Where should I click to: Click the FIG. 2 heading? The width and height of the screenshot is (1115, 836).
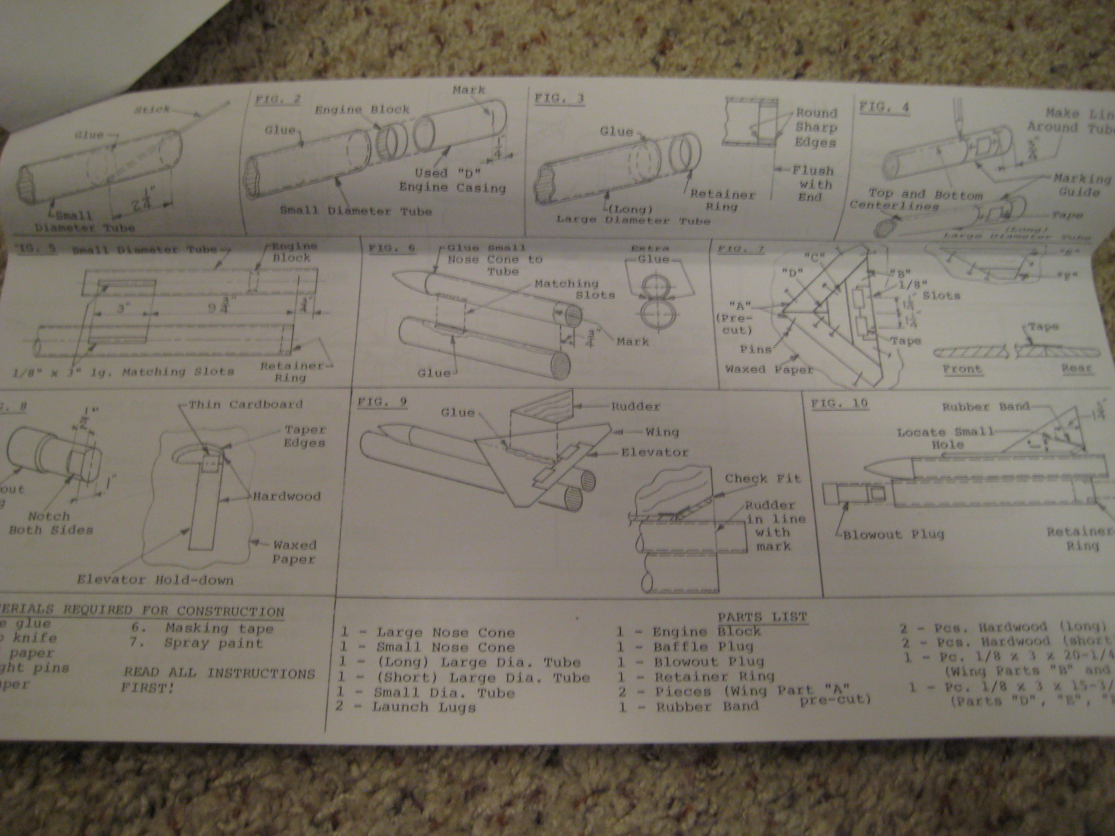point(277,99)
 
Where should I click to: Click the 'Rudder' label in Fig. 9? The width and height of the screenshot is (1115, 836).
point(635,406)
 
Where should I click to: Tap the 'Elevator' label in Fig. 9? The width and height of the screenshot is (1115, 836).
point(654,452)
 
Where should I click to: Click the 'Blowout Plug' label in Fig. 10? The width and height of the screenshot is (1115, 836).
point(893,534)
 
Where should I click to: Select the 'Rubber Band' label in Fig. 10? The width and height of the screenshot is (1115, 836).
point(985,407)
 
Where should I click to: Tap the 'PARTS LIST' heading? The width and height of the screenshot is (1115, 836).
point(763,617)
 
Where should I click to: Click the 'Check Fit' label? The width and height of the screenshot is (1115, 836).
point(762,479)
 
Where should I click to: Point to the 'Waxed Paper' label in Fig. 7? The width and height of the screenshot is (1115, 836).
point(769,369)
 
